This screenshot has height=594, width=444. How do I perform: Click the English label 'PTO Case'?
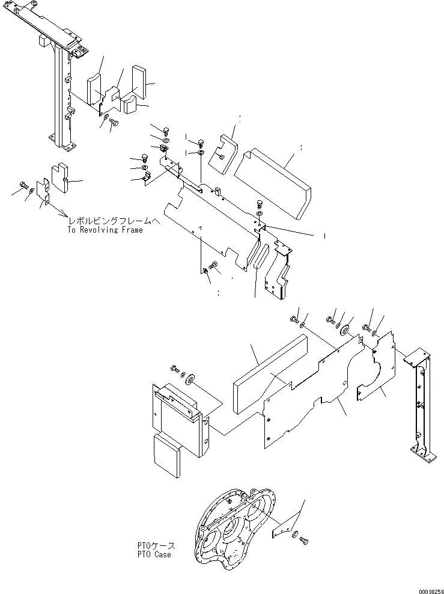[153, 554]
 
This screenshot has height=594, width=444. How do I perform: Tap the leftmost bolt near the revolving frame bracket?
[22, 184]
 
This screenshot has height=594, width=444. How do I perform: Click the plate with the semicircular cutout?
[376, 370]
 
